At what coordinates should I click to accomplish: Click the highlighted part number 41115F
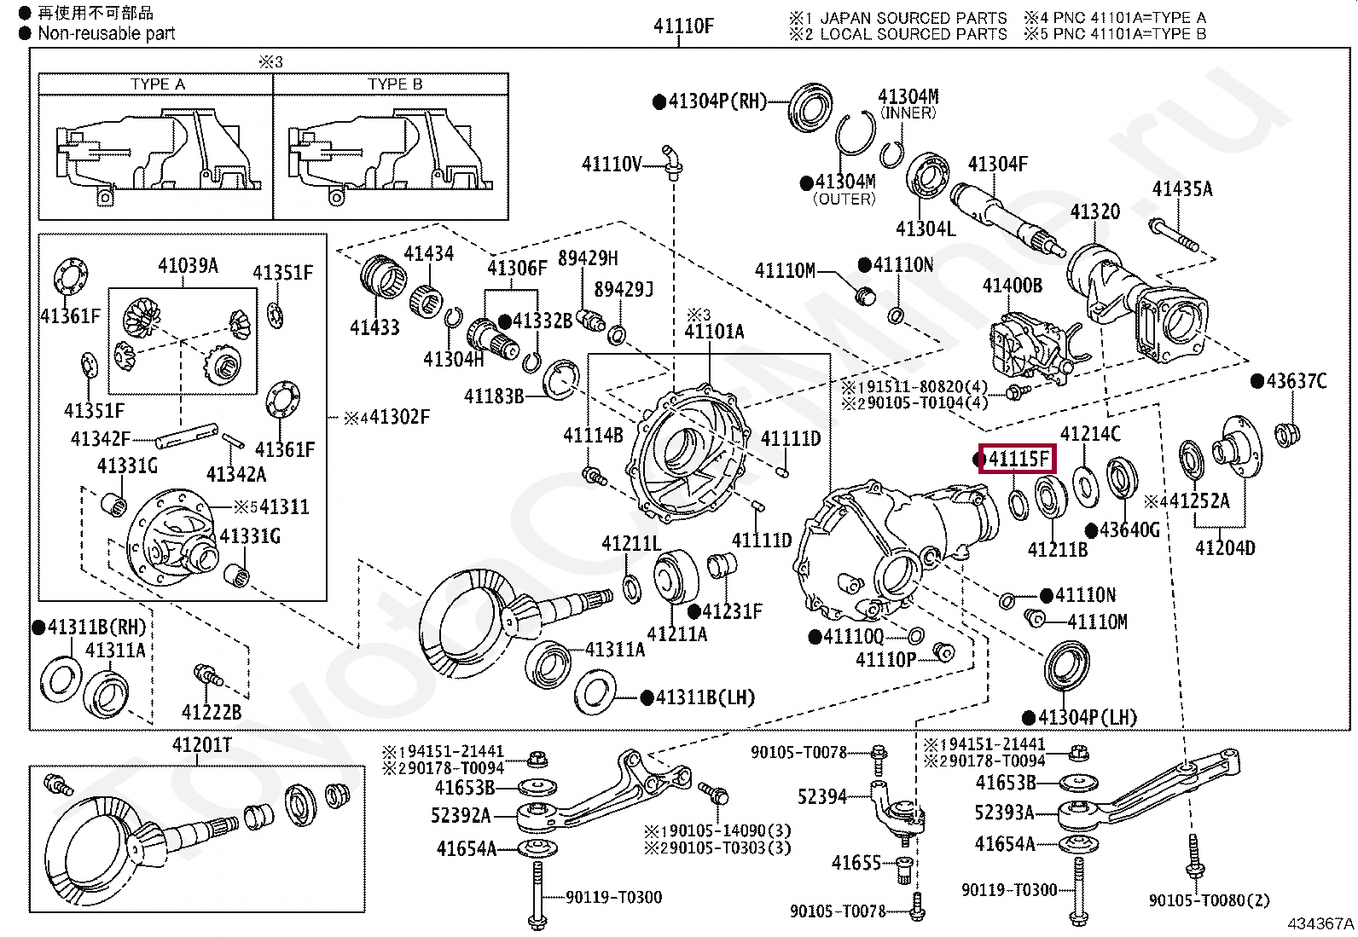[x=1018, y=460]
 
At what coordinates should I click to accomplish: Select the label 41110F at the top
[x=683, y=26]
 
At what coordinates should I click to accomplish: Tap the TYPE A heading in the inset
[x=158, y=84]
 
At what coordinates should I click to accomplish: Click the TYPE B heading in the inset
[x=395, y=84]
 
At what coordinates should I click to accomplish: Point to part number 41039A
[x=188, y=266]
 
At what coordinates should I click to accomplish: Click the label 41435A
[x=1181, y=189]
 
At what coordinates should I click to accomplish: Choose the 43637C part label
[x=1296, y=381]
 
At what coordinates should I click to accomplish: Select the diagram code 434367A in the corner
[x=1320, y=923]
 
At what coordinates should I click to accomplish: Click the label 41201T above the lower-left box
[x=202, y=745]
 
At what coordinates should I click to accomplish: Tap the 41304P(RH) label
[x=717, y=101]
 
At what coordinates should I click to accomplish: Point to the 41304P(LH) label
[x=1087, y=717]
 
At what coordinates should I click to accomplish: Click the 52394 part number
[x=822, y=796]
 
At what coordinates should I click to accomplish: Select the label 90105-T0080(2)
[x=1209, y=900]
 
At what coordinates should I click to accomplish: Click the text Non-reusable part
[x=106, y=34]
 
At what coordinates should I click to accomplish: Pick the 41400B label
[x=1012, y=286]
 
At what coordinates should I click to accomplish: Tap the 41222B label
[x=211, y=712]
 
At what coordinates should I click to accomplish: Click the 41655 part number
[x=856, y=863]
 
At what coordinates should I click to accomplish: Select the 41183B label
[x=493, y=396]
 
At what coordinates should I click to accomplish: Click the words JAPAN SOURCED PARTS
[x=913, y=18]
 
